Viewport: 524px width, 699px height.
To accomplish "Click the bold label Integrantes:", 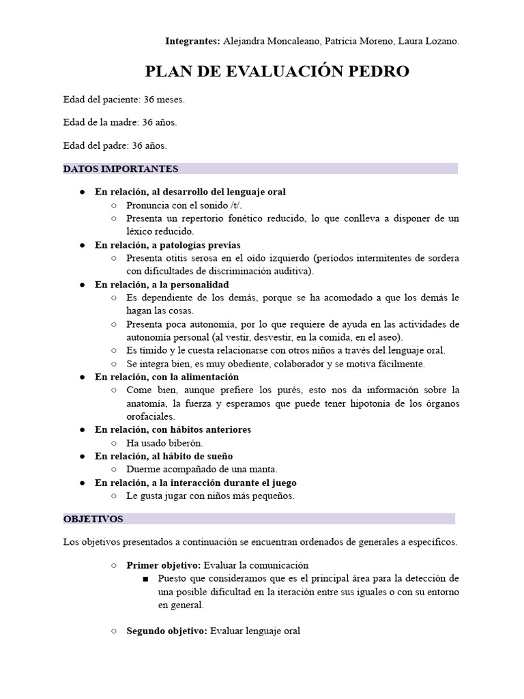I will (192, 42).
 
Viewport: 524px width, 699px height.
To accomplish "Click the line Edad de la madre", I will (119, 123).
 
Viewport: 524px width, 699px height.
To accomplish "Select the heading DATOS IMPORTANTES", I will (121, 169).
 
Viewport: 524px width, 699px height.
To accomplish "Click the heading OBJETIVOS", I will (93, 519).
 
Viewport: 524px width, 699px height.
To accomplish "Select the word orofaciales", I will (151, 416).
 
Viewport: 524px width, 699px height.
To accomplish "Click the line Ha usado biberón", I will (165, 442).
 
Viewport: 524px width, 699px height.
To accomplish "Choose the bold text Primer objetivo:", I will (163, 565).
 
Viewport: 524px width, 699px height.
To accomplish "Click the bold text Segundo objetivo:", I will (167, 631).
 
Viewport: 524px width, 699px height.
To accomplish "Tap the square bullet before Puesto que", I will (146, 579).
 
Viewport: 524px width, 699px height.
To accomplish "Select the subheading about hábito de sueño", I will (163, 456).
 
